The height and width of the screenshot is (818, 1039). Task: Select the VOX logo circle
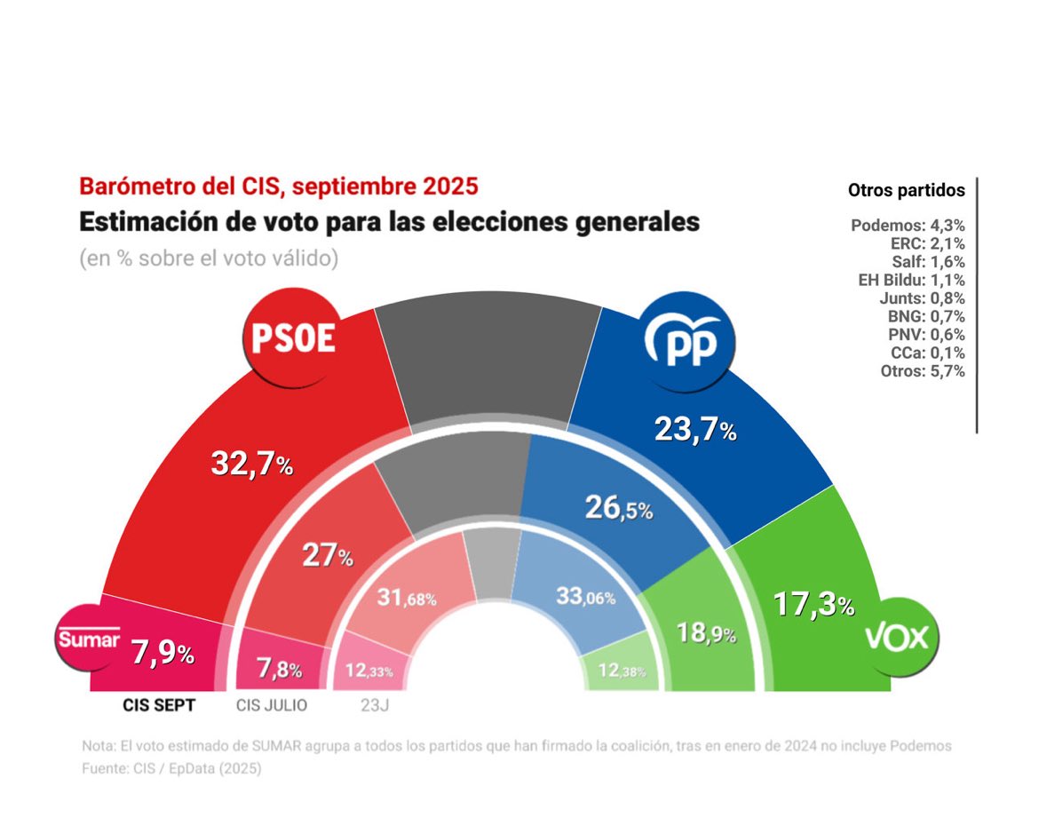click(898, 637)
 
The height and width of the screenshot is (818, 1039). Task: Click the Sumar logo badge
click(88, 639)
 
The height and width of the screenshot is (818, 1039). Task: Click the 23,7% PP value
click(695, 431)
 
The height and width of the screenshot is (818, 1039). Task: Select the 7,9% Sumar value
click(163, 655)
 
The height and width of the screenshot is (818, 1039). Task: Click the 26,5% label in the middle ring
click(619, 508)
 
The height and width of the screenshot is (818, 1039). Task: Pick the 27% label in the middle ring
click(328, 556)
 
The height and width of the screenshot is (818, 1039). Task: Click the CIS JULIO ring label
click(272, 706)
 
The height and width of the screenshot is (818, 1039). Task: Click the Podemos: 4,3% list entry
click(907, 226)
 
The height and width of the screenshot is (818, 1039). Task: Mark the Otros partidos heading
click(906, 190)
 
